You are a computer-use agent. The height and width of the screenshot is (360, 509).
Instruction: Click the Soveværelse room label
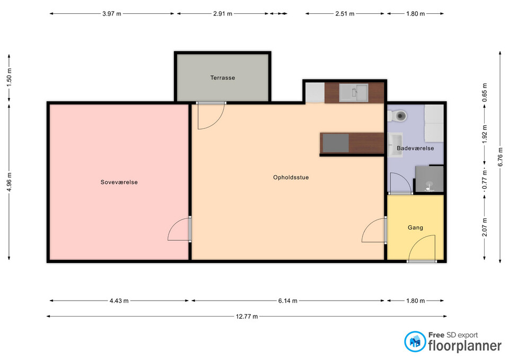119,182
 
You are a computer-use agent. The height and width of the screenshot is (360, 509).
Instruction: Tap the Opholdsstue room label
291,177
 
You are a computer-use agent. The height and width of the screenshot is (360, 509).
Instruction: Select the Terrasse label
222,77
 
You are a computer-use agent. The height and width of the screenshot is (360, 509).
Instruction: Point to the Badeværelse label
415,148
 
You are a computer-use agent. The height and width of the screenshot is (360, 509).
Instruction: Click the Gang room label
415,227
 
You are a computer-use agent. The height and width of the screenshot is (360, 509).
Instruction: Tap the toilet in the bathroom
397,116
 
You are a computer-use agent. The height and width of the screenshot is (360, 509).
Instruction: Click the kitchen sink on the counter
354,93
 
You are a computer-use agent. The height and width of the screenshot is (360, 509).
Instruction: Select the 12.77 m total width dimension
247,316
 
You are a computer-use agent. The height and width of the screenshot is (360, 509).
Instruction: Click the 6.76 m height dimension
500,156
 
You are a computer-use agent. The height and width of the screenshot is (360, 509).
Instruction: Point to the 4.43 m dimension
119,301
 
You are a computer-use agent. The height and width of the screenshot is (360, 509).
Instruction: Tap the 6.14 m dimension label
287,301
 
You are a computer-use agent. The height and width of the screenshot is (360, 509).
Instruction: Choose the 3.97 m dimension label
112,14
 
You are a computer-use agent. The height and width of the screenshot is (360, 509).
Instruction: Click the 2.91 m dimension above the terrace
223,14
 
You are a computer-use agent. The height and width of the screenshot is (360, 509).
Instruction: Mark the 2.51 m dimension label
345,14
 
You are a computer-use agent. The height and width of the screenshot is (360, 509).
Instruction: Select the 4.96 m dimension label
9,182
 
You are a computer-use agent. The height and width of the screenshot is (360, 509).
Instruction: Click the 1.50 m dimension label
9,77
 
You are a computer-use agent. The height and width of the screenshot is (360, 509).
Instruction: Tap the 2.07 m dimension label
485,226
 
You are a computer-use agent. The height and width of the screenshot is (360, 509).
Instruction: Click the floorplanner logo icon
415,341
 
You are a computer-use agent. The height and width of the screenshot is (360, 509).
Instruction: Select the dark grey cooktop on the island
336,143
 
